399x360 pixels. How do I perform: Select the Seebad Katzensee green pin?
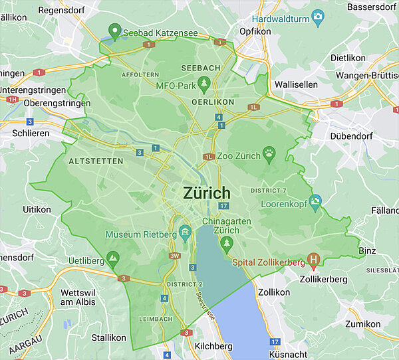point(114,31)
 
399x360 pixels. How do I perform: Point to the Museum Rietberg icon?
point(185,232)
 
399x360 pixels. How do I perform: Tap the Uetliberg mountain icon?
point(114,256)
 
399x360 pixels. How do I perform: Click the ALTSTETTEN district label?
point(96,161)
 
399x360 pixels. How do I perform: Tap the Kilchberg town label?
point(213,346)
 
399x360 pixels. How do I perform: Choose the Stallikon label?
point(109,337)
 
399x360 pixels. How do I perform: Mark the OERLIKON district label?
point(213,102)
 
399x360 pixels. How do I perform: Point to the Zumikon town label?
point(363,323)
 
